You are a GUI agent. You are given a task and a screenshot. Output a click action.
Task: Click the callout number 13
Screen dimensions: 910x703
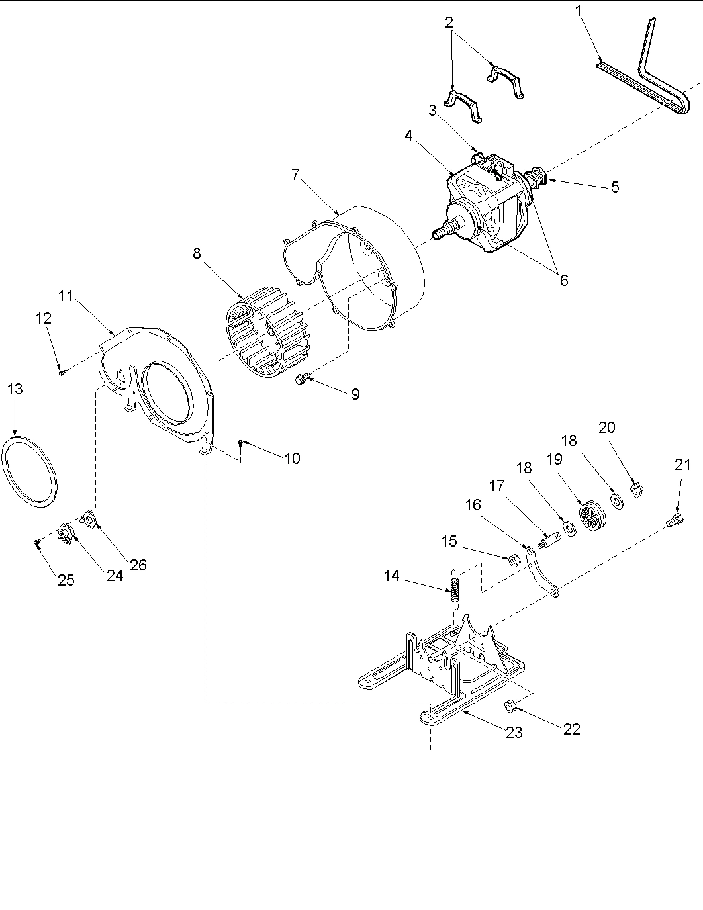[x=15, y=389]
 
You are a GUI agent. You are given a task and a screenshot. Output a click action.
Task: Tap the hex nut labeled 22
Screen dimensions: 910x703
[x=510, y=706]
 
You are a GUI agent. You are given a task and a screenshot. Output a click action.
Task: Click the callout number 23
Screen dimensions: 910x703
[x=514, y=732]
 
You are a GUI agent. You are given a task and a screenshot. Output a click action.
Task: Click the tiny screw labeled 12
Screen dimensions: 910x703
[x=61, y=372]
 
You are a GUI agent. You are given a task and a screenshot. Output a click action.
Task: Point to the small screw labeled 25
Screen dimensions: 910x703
[x=38, y=543]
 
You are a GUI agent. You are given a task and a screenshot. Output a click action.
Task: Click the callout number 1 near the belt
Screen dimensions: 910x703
[x=580, y=11]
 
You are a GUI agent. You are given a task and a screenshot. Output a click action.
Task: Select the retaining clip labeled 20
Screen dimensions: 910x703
[x=637, y=490]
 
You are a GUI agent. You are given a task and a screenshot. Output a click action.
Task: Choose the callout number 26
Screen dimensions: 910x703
[x=138, y=565]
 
